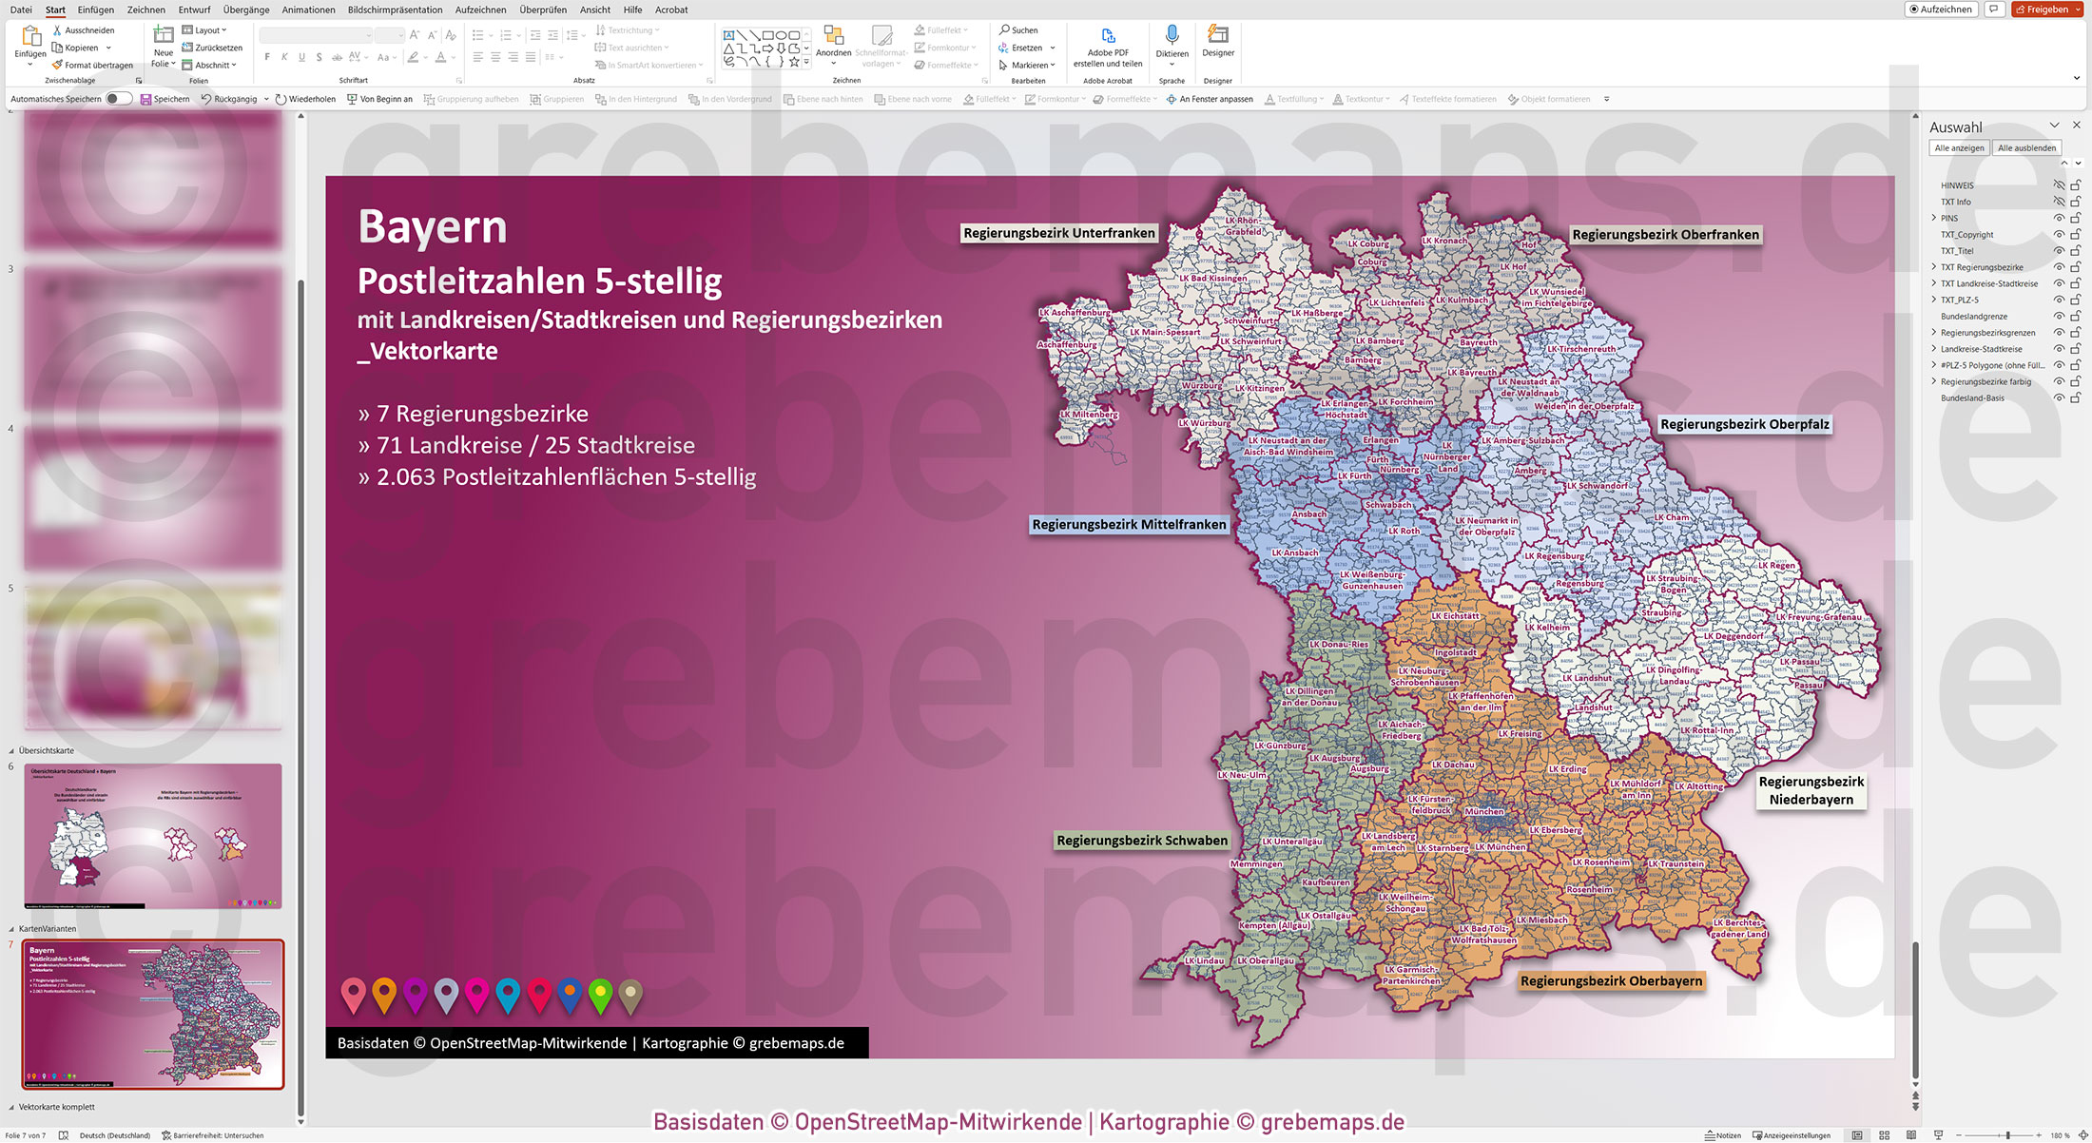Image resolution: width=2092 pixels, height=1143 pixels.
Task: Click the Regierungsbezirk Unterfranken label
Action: click(1058, 233)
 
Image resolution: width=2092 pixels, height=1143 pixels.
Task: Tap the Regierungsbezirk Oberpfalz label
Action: click(1744, 424)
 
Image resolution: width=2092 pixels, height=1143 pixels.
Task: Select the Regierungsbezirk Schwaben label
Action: click(1141, 841)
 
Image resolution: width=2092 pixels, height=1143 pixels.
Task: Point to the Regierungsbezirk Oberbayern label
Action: click(1611, 981)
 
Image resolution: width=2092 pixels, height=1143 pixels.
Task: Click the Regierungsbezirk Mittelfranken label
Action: click(1129, 525)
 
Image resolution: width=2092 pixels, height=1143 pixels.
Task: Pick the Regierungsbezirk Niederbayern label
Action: click(1811, 790)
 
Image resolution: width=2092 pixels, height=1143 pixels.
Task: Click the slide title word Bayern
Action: click(433, 227)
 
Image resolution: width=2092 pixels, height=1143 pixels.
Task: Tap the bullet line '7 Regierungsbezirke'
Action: click(482, 414)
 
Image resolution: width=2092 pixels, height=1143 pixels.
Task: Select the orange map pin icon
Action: click(384, 994)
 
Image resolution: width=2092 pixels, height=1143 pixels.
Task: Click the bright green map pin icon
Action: click(600, 994)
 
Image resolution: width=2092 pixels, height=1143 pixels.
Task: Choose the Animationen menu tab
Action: click(308, 10)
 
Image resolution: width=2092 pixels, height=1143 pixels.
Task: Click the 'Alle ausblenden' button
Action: click(2026, 147)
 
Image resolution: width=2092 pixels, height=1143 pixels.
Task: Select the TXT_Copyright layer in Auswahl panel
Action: click(1966, 235)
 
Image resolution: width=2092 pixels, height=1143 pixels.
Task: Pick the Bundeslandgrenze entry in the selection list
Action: click(1974, 317)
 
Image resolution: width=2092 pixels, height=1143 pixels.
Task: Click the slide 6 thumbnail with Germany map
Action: click(153, 836)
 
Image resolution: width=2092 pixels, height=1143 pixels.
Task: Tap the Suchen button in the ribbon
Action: click(1018, 30)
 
